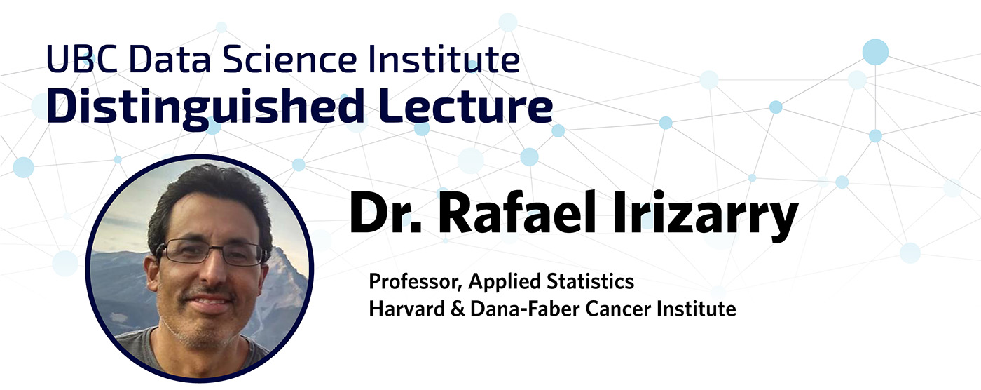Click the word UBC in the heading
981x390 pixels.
(82, 59)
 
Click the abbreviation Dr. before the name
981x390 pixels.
(385, 213)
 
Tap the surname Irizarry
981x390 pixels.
(705, 215)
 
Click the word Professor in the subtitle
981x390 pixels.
(416, 281)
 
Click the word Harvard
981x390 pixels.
(407, 309)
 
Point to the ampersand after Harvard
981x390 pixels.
(458, 309)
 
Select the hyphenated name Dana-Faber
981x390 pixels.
(525, 309)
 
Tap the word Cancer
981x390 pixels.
(618, 309)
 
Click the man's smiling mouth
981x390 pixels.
(209, 303)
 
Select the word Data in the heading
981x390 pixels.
(170, 59)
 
